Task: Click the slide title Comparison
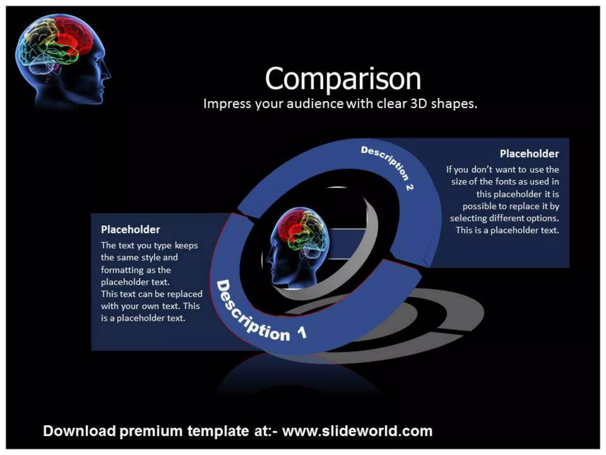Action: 343,79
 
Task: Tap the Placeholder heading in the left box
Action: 130,230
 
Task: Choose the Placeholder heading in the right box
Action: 529,154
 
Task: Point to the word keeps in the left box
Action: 186,246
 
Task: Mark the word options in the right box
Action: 543,218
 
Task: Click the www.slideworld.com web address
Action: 357,431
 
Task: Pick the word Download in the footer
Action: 79,431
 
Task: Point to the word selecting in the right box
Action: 468,218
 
